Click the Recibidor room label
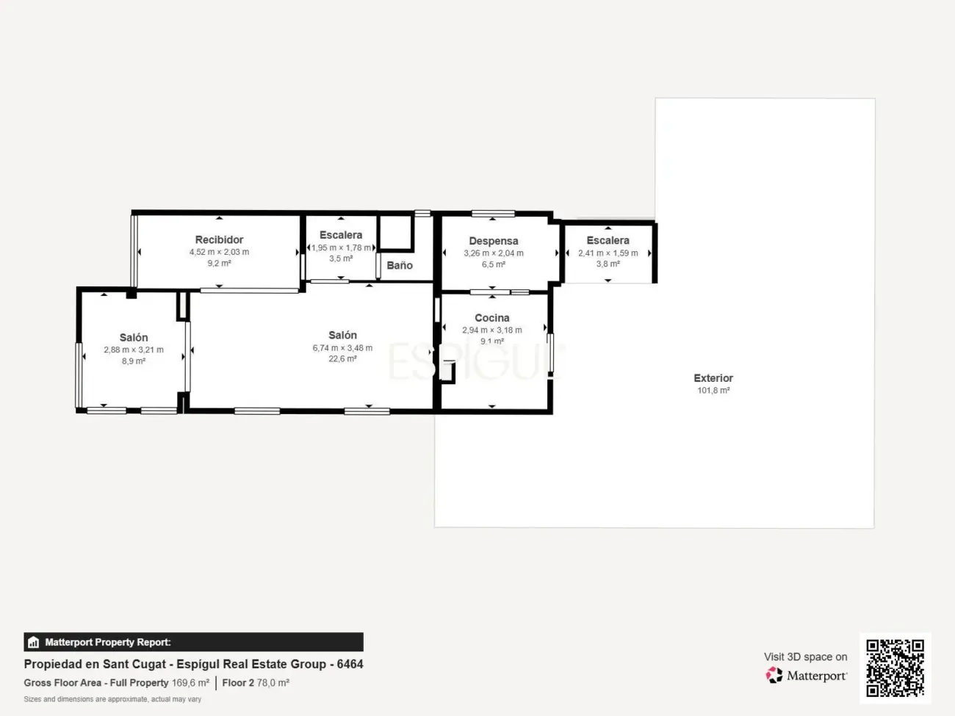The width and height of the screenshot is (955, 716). pyautogui.click(x=219, y=239)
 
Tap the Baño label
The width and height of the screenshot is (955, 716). pyautogui.click(x=400, y=265)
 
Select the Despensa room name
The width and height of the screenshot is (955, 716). pyautogui.click(x=494, y=241)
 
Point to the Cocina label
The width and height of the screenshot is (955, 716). pyautogui.click(x=491, y=318)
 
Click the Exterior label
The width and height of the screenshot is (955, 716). pyautogui.click(x=713, y=378)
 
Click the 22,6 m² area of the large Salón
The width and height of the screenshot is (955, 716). pyautogui.click(x=342, y=358)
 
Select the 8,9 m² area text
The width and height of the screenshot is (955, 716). pyautogui.click(x=134, y=361)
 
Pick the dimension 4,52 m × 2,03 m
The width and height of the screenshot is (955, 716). pyautogui.click(x=219, y=252)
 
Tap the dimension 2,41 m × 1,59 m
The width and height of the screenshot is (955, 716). pyautogui.click(x=608, y=253)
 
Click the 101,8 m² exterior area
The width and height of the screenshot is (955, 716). pyautogui.click(x=713, y=391)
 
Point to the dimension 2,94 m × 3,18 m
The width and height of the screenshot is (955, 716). pyautogui.click(x=491, y=330)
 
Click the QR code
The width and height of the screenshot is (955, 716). pyautogui.click(x=895, y=668)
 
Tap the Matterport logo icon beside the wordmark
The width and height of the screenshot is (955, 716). pyautogui.click(x=774, y=675)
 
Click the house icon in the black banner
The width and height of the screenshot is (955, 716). pyautogui.click(x=34, y=642)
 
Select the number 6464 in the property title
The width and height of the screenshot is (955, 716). pyautogui.click(x=350, y=665)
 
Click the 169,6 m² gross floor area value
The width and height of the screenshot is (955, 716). pyautogui.click(x=190, y=682)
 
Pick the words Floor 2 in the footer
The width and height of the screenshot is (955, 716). pyautogui.click(x=238, y=682)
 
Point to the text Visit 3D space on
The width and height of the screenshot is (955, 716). pyautogui.click(x=805, y=657)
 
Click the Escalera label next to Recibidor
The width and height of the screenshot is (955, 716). pyautogui.click(x=341, y=235)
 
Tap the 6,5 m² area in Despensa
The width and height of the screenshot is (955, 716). pyautogui.click(x=494, y=264)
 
